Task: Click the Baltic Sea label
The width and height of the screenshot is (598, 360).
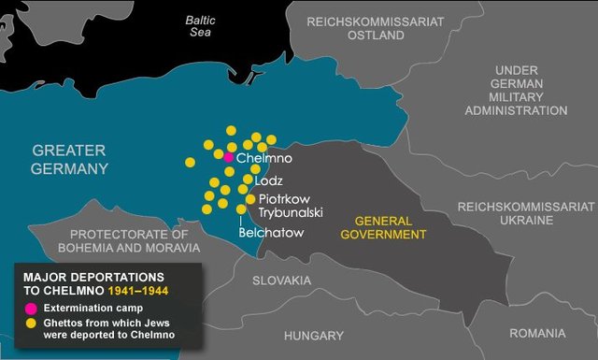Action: [x=199, y=25]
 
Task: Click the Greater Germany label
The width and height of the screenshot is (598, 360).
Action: [x=70, y=159]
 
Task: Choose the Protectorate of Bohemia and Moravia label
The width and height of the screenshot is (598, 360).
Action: [x=128, y=240]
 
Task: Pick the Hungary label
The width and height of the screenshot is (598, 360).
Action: [x=314, y=335]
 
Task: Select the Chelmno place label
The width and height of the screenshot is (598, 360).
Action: [x=259, y=160]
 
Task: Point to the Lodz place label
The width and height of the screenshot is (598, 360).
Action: [x=268, y=180]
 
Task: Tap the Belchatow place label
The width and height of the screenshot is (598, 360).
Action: [x=271, y=232]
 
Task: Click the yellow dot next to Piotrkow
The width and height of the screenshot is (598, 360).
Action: [x=249, y=199]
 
